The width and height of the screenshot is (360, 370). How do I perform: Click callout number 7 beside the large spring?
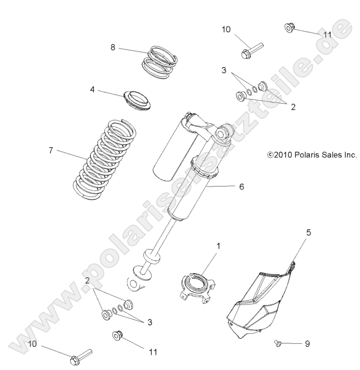click(x=50, y=151)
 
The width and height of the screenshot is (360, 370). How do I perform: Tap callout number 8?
click(x=113, y=48)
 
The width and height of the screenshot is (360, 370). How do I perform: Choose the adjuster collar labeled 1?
click(x=198, y=287)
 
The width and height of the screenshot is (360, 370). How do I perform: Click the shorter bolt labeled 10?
click(x=250, y=49)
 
